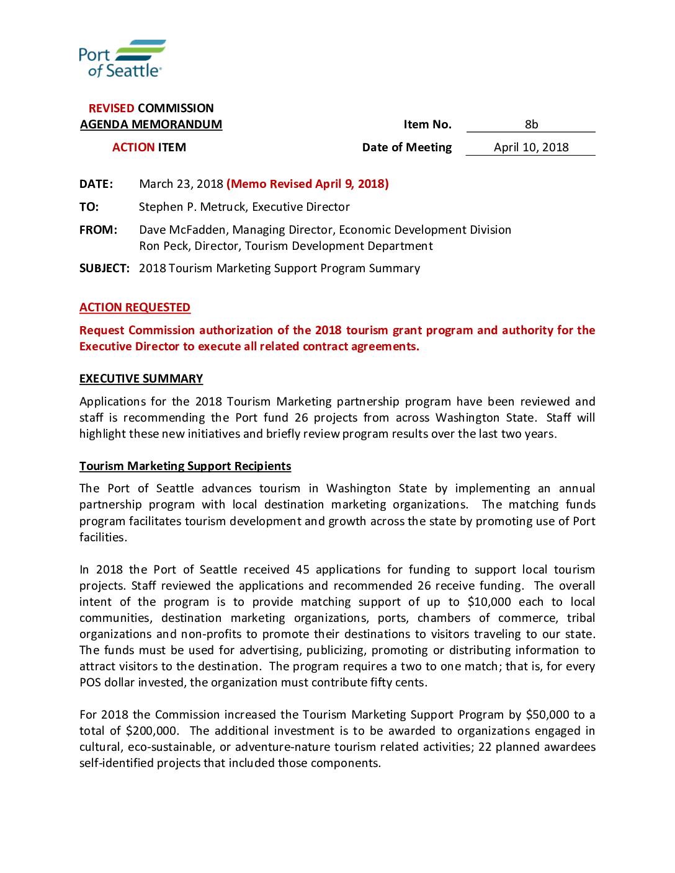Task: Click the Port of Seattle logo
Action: pyautogui.click(x=122, y=59)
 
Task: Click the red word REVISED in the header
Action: pyautogui.click(x=111, y=108)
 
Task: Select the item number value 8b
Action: pyautogui.click(x=531, y=124)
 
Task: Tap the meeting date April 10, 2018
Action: pyautogui.click(x=531, y=147)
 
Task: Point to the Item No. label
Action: pyautogui.click(x=427, y=124)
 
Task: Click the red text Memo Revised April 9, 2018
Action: pyautogui.click(x=308, y=184)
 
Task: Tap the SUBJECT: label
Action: pyautogui.click(x=104, y=268)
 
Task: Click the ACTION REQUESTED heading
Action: pyautogui.click(x=135, y=307)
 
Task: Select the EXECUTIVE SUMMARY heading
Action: pyautogui.click(x=141, y=378)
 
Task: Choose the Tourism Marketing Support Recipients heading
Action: pyautogui.click(x=185, y=466)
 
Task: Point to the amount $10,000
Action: pyautogui.click(x=489, y=601)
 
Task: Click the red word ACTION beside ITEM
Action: pyautogui.click(x=133, y=147)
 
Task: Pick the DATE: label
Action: pyautogui.click(x=96, y=184)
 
